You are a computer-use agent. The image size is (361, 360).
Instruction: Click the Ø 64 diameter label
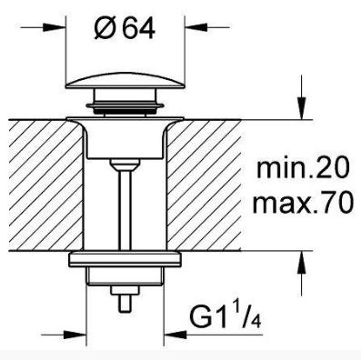click(125, 28)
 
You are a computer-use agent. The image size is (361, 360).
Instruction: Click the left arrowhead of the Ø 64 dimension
click(55, 27)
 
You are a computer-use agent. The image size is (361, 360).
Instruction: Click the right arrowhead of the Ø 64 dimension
click(196, 27)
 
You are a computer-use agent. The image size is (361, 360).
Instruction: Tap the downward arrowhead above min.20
click(301, 108)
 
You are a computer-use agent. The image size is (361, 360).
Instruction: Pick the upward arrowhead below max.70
click(301, 263)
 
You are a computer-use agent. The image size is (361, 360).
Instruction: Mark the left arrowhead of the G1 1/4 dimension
click(75, 335)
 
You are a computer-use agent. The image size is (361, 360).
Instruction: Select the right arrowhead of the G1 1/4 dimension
click(175, 335)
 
